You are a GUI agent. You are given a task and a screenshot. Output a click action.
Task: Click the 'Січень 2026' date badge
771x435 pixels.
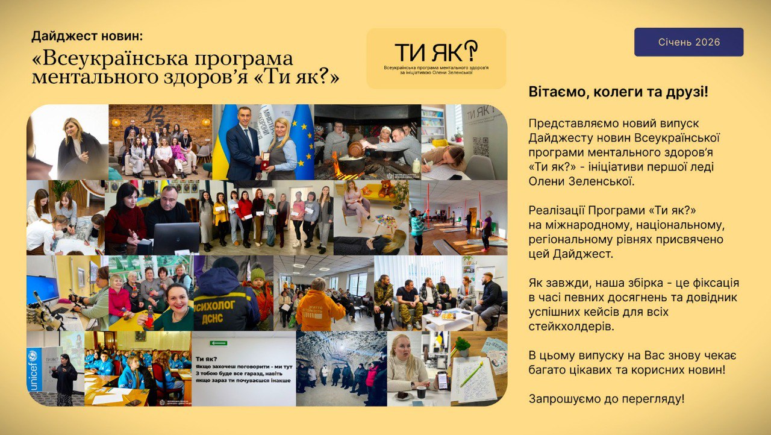click(688, 42)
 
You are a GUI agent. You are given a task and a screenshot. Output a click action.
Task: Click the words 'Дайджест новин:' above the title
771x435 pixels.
click(87, 36)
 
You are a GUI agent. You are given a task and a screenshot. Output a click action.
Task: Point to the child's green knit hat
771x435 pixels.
click(258, 273)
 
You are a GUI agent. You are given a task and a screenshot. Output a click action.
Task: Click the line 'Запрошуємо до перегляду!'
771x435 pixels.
click(607, 399)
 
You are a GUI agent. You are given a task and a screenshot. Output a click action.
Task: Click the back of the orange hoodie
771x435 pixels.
click(319, 310)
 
